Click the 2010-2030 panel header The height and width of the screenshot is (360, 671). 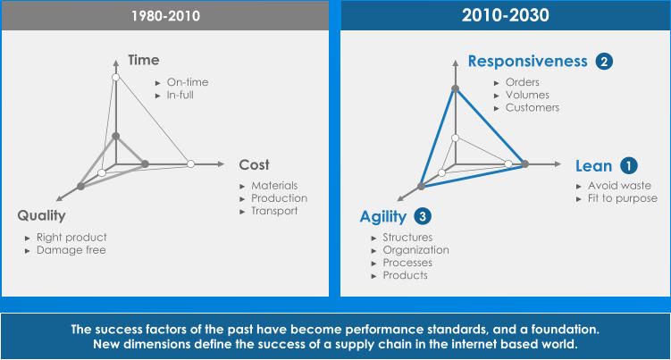pos(505,15)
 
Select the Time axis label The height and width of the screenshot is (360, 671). pos(143,60)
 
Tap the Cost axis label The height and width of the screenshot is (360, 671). pos(254,164)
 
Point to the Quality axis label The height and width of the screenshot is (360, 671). pos(41,215)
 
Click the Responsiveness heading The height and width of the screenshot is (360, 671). pos(528,62)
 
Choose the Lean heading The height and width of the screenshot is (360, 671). pos(593,165)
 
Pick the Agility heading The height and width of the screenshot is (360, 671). pos(383,216)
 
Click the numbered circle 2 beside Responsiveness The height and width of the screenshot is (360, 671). pos(605,62)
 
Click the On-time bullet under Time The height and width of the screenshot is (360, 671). pos(187,82)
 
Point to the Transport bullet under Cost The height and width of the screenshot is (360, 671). pos(273,211)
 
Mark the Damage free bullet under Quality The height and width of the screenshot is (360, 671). pos(71,250)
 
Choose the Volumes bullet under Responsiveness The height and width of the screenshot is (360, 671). pos(527,95)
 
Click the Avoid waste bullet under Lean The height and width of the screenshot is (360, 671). pos(618,186)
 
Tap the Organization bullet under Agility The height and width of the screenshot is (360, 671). pos(415,250)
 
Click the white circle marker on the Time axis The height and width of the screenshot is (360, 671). pos(115,80)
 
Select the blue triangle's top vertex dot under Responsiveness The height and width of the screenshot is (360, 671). pos(455,88)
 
